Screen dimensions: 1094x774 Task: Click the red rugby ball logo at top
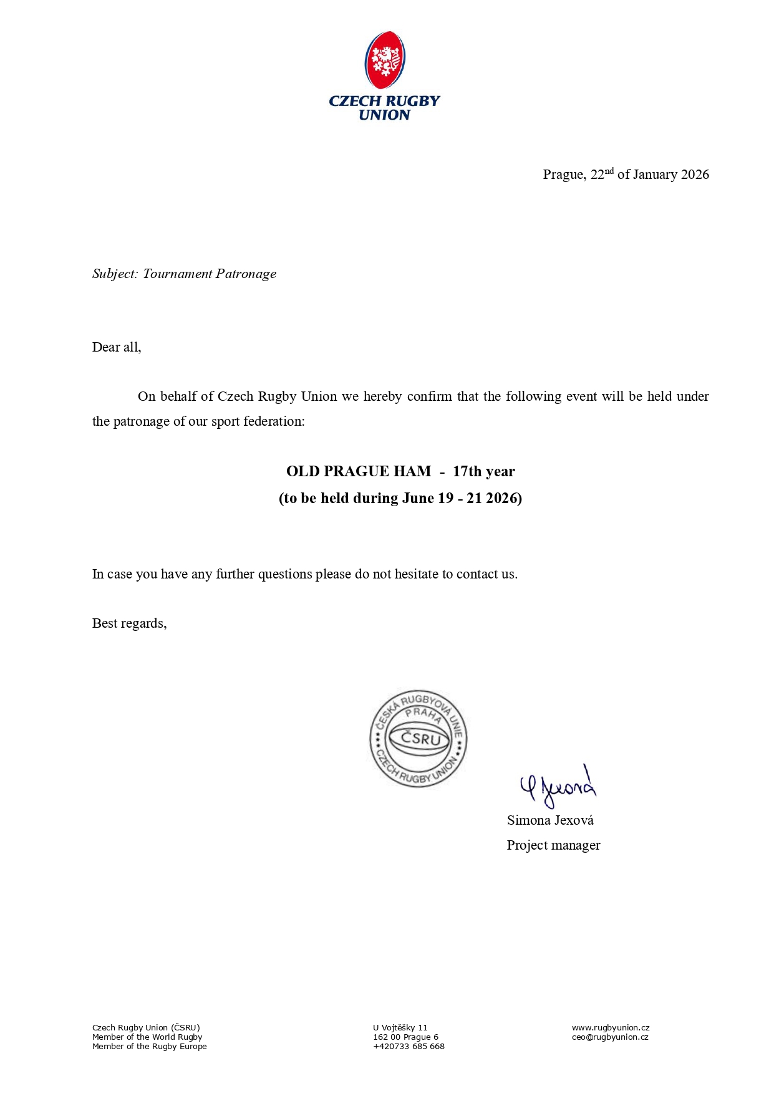click(385, 60)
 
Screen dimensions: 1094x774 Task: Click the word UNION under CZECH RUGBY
click(384, 115)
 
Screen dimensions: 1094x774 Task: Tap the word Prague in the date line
click(563, 175)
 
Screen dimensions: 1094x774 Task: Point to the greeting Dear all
click(117, 347)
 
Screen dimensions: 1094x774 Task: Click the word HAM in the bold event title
click(412, 471)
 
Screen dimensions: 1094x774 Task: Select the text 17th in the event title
click(467, 471)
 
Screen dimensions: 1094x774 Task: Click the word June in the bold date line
click(418, 498)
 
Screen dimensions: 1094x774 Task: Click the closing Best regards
click(129, 623)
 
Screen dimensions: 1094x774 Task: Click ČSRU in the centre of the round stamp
click(420, 739)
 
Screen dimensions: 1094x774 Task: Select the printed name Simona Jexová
click(550, 820)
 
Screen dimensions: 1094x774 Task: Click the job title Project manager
click(553, 845)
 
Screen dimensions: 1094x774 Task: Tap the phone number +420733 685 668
click(409, 1047)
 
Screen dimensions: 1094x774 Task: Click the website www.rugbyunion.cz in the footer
click(611, 1028)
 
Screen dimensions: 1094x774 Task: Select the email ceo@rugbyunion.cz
click(609, 1037)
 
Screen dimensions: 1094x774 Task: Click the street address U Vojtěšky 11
click(400, 1028)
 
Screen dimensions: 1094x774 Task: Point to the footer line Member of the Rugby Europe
click(149, 1047)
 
